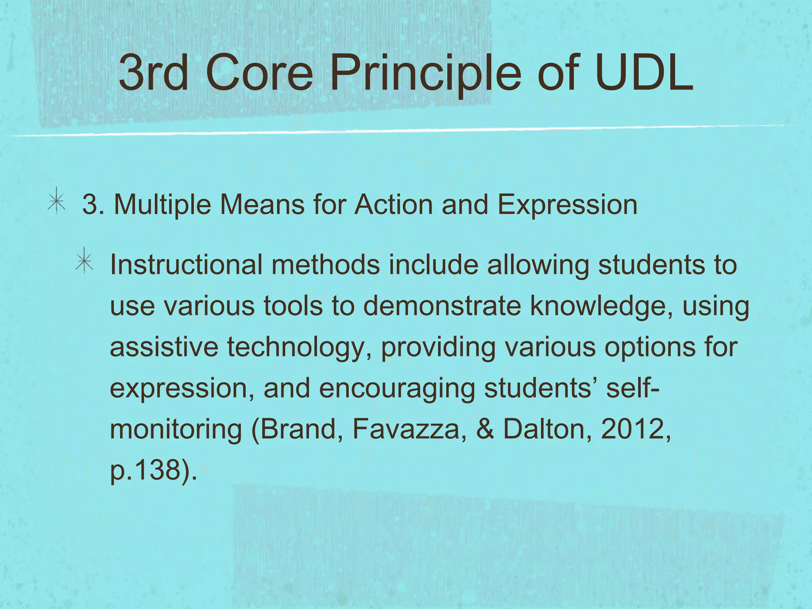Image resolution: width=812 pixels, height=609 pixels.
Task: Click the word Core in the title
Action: [260, 73]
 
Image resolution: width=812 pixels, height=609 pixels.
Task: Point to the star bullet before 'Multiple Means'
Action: [56, 201]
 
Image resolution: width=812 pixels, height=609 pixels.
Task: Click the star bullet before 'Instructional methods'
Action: [84, 261]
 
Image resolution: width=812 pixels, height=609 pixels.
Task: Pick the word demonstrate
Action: [442, 306]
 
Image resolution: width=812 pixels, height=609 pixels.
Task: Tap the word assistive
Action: [164, 347]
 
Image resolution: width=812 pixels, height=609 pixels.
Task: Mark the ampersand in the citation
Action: [485, 429]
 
